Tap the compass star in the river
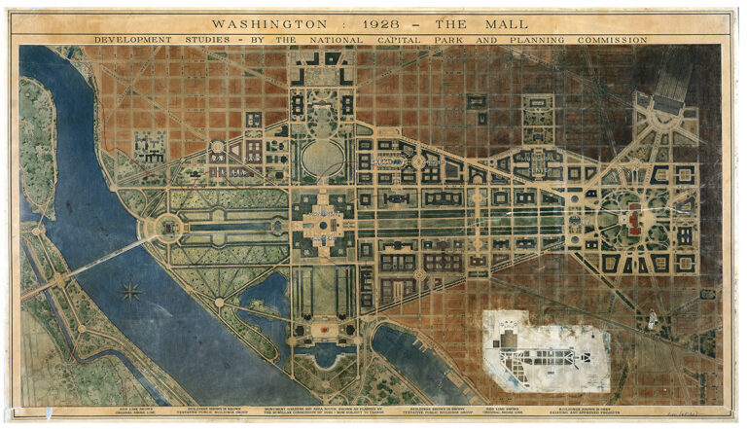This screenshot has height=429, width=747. [x=131, y=290]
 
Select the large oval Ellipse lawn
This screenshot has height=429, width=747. [x=323, y=157]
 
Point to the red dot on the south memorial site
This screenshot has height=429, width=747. [x=322, y=330]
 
